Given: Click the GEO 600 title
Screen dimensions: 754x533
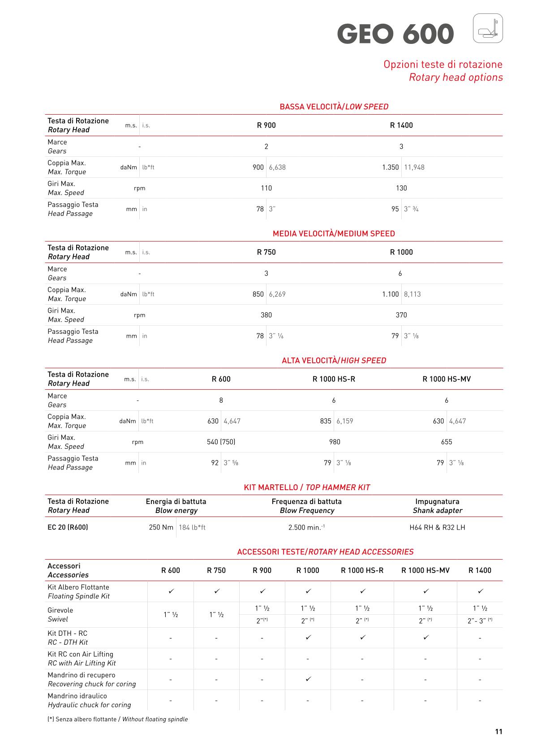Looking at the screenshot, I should pos(395,34).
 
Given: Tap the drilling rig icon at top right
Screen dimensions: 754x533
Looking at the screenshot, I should pos(488,28).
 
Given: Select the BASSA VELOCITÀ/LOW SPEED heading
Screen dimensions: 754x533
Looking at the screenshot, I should pos(334,107).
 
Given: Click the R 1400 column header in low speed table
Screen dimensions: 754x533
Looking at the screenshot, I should pos(401,125).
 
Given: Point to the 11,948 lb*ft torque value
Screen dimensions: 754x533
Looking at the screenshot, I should pos(414,168).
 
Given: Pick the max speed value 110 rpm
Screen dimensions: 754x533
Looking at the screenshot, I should pos(266,188).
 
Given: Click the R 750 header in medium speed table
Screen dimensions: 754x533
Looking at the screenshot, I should pos(266,252).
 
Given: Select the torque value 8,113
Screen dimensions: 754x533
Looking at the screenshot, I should pos(412,294).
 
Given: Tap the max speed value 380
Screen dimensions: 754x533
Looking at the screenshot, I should pos(266,315).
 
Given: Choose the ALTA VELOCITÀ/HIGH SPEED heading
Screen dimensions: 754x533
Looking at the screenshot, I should pos(334,361).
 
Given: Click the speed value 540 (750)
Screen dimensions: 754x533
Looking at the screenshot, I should pos(221,442).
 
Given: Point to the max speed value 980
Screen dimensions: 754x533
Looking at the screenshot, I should pos(335,442).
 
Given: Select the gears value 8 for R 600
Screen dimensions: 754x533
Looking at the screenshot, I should pos(221,400).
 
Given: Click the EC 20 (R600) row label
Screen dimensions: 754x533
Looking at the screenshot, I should pos(68,527).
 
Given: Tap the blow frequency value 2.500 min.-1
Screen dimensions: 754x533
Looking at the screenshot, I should pos(306,527).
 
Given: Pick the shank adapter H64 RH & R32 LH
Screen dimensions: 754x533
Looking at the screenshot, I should pos(437,527).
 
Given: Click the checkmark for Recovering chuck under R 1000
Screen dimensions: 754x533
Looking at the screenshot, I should pos(308,679).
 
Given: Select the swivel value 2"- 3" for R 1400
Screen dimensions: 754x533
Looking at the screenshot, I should pos(480,620).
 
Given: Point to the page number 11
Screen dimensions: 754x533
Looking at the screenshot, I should pos(499,732).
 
